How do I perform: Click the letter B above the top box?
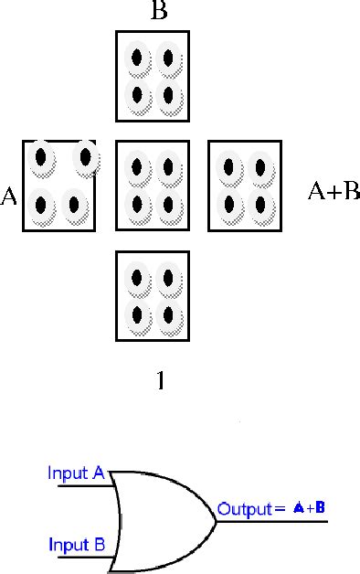[159, 13]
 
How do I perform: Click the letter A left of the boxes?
[10, 196]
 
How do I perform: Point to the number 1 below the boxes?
[161, 380]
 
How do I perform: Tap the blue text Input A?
[76, 473]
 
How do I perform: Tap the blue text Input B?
[76, 547]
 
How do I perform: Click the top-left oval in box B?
[137, 59]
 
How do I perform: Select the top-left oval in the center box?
[137, 167]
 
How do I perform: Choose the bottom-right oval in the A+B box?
[260, 202]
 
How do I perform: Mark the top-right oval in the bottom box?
[167, 278]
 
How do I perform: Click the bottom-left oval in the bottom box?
[137, 314]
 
